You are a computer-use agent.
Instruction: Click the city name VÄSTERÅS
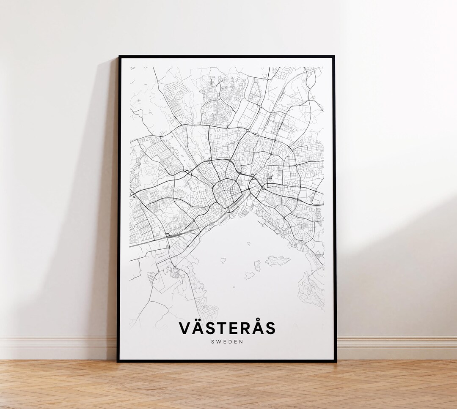[227, 328]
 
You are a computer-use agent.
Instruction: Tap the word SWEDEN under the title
[227, 341]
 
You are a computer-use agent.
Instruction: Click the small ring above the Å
[255, 321]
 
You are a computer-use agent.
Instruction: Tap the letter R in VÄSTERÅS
[242, 328]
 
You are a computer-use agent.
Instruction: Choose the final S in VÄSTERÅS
[270, 328]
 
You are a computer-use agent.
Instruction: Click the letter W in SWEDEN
[219, 341]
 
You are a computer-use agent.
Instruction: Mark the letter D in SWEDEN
[231, 341]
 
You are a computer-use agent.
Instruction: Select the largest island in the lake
[278, 261]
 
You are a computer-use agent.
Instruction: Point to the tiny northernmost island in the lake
[249, 243]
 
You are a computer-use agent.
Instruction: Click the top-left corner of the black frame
[119, 57]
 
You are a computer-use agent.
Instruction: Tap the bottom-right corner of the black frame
[336, 361]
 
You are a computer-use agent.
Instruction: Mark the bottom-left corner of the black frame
[118, 361]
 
